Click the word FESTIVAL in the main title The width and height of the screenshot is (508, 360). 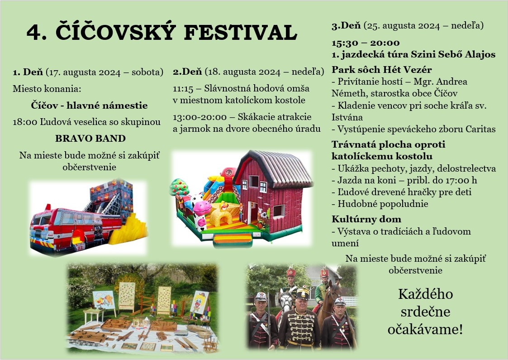coord(240,33)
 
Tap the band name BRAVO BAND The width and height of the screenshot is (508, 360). coord(90,139)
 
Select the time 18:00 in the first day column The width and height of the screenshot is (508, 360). coord(25,122)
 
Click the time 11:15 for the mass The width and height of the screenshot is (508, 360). coord(183,89)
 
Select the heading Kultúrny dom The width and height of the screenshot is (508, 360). coord(366,219)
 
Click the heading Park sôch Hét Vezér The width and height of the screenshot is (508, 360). coord(382,70)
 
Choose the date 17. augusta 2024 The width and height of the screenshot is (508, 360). coord(84,72)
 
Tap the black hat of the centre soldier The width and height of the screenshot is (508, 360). coord(303,293)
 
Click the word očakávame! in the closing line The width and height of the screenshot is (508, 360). coord(425,330)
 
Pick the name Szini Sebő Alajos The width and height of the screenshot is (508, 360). coord(453,54)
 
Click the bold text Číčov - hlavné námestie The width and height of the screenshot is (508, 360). coord(90,106)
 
